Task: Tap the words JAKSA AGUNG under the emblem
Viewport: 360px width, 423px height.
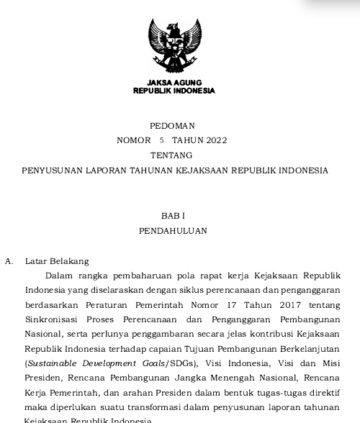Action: click(174, 83)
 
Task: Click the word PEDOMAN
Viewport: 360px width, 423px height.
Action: click(173, 126)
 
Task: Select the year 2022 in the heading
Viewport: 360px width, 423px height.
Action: click(215, 140)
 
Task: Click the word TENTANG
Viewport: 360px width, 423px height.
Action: click(173, 155)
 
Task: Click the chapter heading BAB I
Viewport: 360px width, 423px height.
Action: click(173, 216)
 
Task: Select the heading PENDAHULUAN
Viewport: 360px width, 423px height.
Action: click(173, 231)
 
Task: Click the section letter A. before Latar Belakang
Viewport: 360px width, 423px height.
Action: click(9, 261)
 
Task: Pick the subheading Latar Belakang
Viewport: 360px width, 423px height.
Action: click(57, 261)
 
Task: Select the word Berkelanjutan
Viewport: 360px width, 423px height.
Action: click(310, 349)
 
